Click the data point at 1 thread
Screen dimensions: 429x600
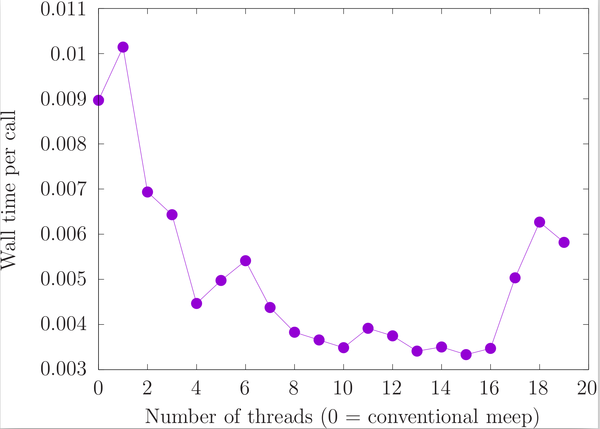pyautogui.click(x=123, y=47)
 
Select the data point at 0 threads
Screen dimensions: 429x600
pyautogui.click(x=99, y=100)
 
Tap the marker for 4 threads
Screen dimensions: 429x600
pyautogui.click(x=196, y=303)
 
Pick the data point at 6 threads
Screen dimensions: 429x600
pyautogui.click(x=245, y=260)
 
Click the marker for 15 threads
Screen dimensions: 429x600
pyautogui.click(x=466, y=355)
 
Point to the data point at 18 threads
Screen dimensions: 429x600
pyautogui.click(x=539, y=222)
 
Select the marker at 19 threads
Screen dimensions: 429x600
pyautogui.click(x=564, y=242)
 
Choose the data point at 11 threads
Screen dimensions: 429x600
pyautogui.click(x=368, y=328)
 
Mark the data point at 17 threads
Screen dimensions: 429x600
pyautogui.click(x=515, y=278)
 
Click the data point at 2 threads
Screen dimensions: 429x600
pyautogui.click(x=147, y=192)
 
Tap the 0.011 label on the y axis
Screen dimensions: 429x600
pyautogui.click(x=63, y=9)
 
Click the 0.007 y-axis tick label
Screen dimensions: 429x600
pyautogui.click(x=63, y=189)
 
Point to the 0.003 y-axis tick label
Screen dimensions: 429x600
pyautogui.click(x=63, y=369)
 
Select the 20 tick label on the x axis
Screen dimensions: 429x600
pyautogui.click(x=587, y=388)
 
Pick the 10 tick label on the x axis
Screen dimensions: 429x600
pyautogui.click(x=343, y=388)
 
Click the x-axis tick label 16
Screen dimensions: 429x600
pyautogui.click(x=490, y=388)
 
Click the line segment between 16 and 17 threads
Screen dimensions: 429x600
pyautogui.click(x=502, y=313)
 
